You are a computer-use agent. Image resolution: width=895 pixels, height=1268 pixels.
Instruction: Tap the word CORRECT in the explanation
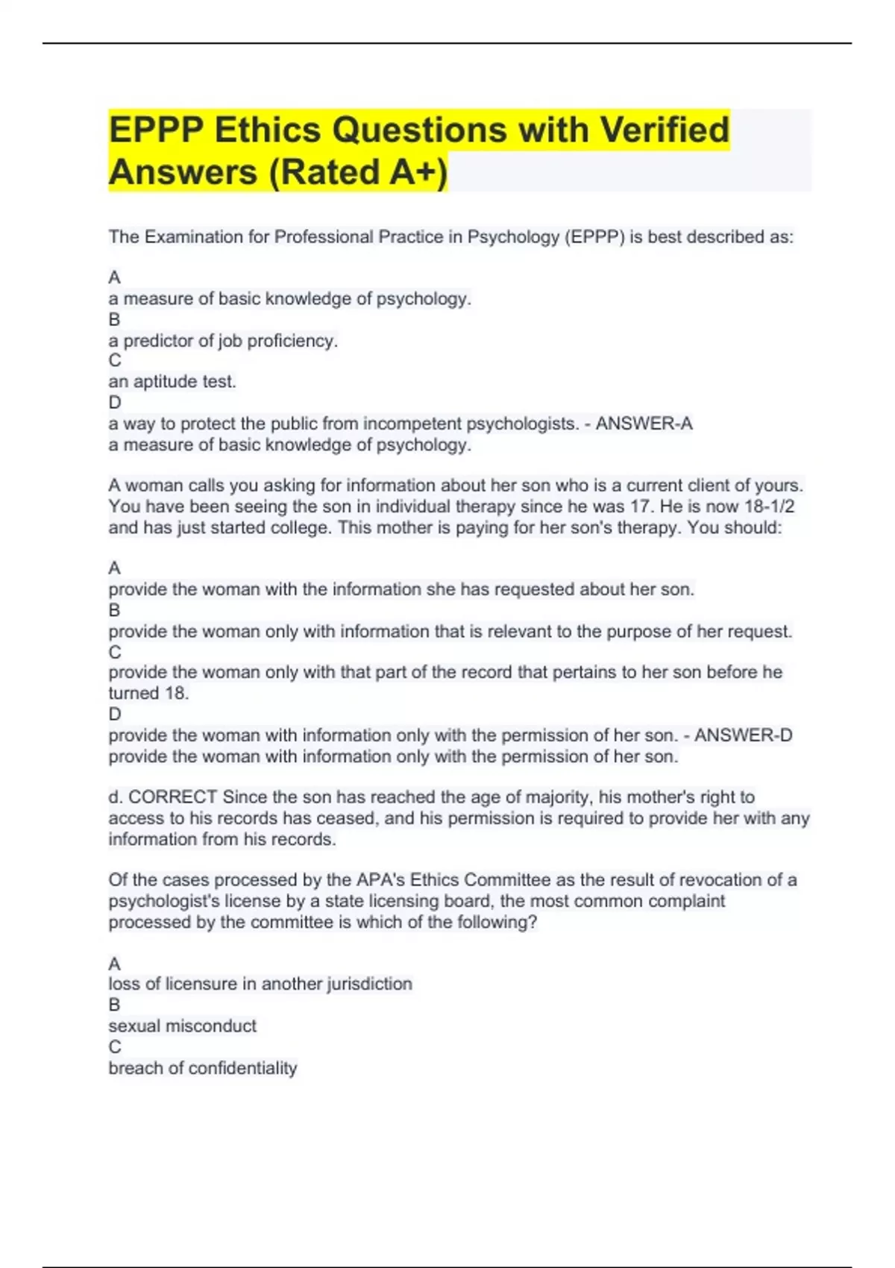(x=172, y=797)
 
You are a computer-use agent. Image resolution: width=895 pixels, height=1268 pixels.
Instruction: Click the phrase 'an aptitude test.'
(x=172, y=382)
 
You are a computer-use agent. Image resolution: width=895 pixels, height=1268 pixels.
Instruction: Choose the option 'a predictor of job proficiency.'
(x=223, y=341)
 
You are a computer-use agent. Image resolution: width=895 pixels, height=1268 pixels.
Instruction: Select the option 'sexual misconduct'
(x=182, y=1026)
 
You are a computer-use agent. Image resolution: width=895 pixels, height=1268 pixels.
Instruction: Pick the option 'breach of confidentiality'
(x=202, y=1068)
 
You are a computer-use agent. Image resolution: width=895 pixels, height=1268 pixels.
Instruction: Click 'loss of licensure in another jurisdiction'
(x=260, y=984)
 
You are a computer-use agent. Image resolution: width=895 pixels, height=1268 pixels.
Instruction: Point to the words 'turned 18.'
(x=148, y=693)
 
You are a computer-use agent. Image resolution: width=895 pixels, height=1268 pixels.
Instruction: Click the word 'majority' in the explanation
(x=559, y=797)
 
